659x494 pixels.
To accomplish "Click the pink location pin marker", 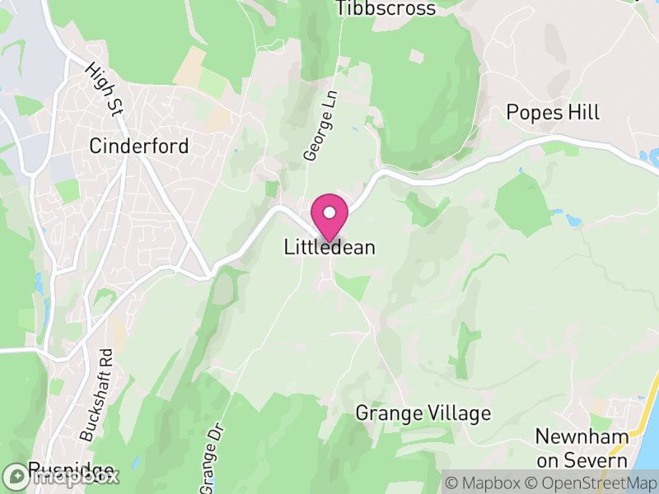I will click(x=329, y=219).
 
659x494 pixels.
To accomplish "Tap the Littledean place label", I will click(x=329, y=247).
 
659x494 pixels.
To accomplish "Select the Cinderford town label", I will click(x=139, y=147).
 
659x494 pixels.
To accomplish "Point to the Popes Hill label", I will click(x=554, y=113).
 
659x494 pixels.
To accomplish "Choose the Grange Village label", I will click(x=423, y=413).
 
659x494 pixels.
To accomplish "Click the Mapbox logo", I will click(x=61, y=476).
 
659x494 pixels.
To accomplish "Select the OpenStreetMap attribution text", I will click(x=592, y=482).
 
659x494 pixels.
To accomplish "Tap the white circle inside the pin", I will click(x=329, y=213).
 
